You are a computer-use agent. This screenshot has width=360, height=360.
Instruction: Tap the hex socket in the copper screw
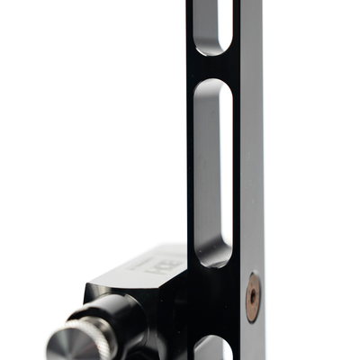[x=253, y=289]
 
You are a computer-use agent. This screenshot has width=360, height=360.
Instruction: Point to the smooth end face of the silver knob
[x=65, y=346]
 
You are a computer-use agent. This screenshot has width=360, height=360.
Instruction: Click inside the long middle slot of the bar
[x=213, y=171]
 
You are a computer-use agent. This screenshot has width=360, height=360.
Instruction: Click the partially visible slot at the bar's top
[x=213, y=22]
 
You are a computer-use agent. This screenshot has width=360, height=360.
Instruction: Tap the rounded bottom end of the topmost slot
[x=213, y=49]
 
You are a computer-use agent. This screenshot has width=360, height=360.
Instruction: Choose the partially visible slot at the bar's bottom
[x=214, y=349]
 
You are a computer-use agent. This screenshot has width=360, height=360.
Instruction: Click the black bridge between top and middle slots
[x=213, y=67]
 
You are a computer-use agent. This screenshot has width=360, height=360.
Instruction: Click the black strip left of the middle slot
[x=192, y=171]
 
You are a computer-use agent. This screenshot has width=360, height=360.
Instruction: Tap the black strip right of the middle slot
[x=237, y=171]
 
